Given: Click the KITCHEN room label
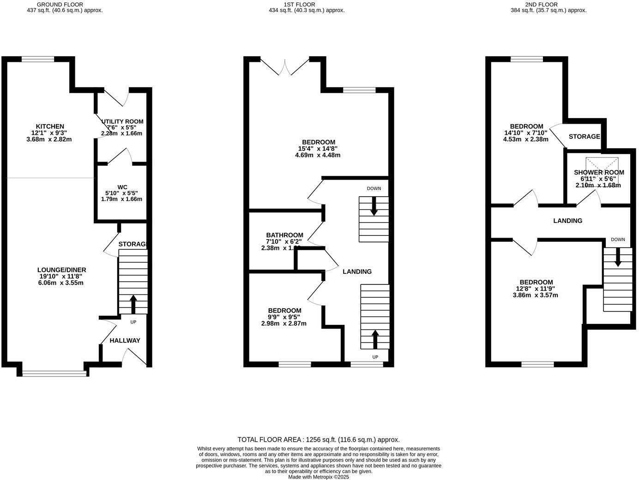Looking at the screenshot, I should pos(50,126).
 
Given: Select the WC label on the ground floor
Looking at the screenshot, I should pos(122,187).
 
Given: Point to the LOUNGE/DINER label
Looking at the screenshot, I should pos(62,270).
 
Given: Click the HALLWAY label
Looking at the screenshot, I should pos(125,341).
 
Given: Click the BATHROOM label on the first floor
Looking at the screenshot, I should pos(284,235).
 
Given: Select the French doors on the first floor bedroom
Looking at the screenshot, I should pos(285,66).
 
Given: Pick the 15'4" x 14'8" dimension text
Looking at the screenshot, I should pos(318,149).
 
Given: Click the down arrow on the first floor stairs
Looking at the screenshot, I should pos(374,206).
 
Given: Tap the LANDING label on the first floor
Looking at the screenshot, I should pos(357,271).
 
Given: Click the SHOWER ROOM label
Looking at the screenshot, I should pos(599,172).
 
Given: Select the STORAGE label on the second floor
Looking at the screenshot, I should pos(584,137).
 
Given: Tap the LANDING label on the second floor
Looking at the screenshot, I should pos(567,221).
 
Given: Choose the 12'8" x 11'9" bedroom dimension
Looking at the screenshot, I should pos(536,288).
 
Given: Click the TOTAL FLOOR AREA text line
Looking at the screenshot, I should pos(319,440).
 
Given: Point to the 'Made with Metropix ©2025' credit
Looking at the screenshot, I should pos(319,477).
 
